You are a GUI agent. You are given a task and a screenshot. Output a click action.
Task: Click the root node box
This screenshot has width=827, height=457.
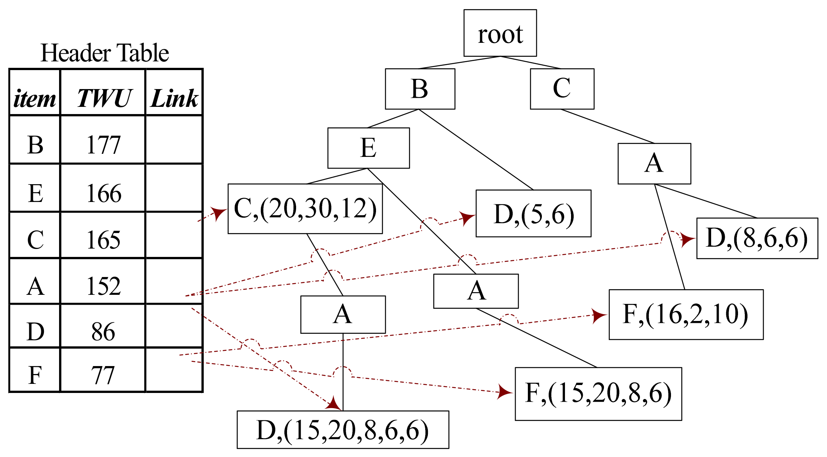(500, 33)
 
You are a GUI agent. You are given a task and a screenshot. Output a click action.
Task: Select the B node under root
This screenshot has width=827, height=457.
(420, 89)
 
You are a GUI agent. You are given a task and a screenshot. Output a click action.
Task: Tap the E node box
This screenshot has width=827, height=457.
(368, 148)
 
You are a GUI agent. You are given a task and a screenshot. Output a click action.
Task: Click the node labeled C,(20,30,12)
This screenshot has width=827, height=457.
(305, 209)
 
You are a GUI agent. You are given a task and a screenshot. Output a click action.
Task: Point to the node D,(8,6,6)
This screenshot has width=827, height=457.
(757, 238)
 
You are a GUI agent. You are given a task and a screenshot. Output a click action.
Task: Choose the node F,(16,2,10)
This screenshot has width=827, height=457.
(686, 315)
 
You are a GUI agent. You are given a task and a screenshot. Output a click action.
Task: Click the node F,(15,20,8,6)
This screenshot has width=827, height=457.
(598, 394)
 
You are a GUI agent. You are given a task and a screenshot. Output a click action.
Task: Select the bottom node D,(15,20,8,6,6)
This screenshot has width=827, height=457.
(343, 430)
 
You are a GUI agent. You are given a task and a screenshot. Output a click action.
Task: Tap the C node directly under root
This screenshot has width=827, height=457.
(562, 89)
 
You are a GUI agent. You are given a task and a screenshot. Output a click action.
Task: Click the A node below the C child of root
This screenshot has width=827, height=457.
(654, 164)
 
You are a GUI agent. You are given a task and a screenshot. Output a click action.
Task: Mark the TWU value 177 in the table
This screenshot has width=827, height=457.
(103, 145)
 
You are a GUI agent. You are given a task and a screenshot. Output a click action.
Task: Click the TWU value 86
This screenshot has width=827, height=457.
(103, 332)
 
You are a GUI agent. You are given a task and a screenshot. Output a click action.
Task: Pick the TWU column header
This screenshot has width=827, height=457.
(104, 99)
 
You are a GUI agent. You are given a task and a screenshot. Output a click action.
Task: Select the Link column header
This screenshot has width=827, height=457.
(174, 99)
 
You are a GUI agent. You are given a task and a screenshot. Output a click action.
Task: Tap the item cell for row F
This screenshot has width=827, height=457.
(35, 375)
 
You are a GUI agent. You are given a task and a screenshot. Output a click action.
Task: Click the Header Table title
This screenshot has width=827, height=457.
(105, 53)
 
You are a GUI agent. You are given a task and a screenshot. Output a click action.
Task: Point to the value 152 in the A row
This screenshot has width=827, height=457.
(103, 286)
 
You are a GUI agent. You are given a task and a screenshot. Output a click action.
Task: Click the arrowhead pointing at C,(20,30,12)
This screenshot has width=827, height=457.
(218, 213)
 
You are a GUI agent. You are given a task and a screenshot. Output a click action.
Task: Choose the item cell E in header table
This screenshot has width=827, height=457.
(36, 193)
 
